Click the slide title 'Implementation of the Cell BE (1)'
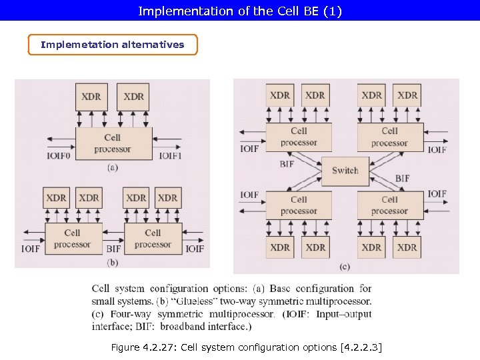point(239,11)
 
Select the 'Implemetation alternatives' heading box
point(113,45)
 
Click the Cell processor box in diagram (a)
point(112,143)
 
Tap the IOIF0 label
point(58,156)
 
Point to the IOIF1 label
point(171,156)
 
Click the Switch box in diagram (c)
point(345,170)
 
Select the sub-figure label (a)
point(112,167)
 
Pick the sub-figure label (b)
point(112,262)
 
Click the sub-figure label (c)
point(345,267)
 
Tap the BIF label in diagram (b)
point(113,249)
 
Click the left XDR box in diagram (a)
point(91,97)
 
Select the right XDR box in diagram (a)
point(133,97)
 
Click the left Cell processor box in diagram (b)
point(73,239)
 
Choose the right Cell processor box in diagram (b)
point(153,239)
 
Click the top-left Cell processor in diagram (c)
point(299,137)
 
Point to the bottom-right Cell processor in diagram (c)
point(390,205)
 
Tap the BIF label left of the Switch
point(287,163)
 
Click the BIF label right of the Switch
point(402,179)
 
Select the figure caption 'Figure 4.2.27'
point(246,347)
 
